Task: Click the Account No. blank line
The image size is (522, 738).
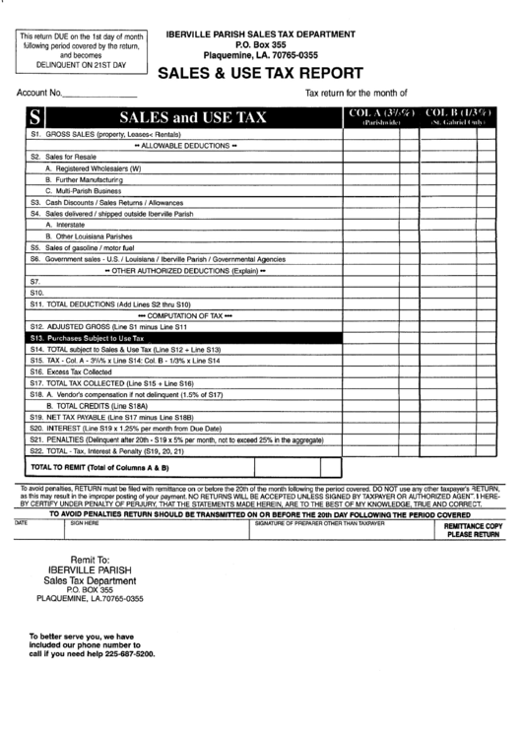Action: (100, 96)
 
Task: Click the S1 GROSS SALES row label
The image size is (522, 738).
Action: (103, 133)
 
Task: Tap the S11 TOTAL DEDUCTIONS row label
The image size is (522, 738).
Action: (109, 304)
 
